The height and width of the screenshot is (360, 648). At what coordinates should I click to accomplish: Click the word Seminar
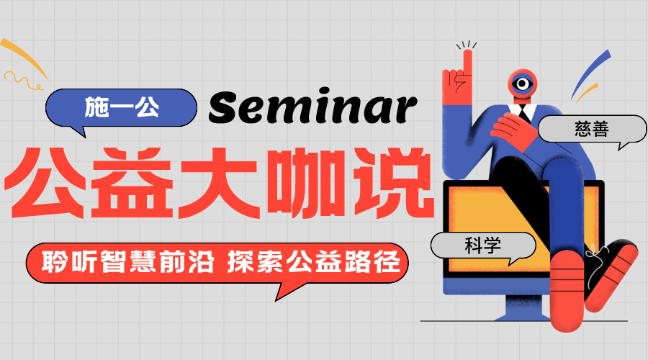point(313,107)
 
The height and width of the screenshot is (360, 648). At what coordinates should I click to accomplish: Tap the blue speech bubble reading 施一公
point(121,108)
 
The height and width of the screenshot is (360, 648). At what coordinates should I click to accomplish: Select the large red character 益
point(132,182)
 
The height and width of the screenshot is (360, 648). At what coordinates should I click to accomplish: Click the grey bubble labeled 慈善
point(593,130)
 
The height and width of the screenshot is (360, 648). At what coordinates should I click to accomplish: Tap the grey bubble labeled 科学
point(483,246)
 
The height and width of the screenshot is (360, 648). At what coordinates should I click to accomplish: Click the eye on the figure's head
point(523,84)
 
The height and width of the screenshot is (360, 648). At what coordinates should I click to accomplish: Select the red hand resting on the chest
point(513,130)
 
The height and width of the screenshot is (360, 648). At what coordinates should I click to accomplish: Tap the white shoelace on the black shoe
point(595,264)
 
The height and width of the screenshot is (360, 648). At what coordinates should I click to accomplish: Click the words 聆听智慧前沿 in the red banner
point(128,262)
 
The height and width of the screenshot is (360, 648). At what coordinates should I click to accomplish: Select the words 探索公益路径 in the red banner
point(314,262)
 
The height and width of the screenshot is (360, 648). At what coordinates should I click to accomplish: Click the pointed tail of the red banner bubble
point(276,300)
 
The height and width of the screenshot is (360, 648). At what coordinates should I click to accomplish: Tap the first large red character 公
point(46,182)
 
